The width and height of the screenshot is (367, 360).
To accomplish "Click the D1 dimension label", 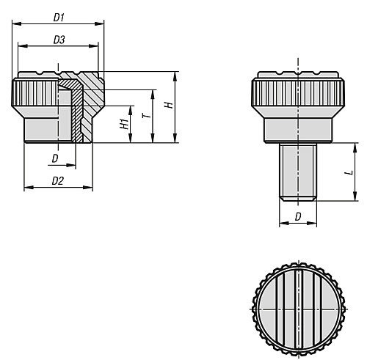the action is click(x=59, y=18).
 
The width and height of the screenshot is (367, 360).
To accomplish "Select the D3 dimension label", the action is click(x=59, y=40).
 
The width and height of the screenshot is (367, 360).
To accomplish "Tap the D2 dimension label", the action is click(x=58, y=181).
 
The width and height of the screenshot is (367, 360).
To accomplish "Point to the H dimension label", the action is click(x=169, y=105).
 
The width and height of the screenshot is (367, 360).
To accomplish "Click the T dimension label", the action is click(x=147, y=115).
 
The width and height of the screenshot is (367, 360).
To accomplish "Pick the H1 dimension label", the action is click(x=124, y=124).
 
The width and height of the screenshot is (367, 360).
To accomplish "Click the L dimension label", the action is click(x=349, y=172).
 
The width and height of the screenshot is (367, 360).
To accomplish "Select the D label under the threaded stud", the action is click(x=298, y=216).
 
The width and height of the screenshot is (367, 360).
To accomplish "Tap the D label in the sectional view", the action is click(x=55, y=159).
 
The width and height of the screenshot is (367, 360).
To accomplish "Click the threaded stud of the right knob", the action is click(x=298, y=172).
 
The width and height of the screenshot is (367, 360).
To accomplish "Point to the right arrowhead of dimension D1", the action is click(x=99, y=23).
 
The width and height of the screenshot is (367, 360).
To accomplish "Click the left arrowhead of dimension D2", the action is click(x=29, y=188).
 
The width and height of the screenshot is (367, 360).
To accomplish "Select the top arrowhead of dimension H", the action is click(x=175, y=76).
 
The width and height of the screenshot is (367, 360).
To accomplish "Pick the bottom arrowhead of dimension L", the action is click(x=355, y=196).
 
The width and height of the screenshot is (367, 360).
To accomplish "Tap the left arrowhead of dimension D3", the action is click(x=23, y=45).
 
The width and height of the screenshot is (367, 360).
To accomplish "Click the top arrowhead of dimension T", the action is click(x=153, y=95).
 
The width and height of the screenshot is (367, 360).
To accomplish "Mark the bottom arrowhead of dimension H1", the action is click(x=130, y=138).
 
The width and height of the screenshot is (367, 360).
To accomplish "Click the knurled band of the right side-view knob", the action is click(x=298, y=92).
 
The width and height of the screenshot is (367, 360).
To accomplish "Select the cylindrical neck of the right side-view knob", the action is click(x=298, y=130).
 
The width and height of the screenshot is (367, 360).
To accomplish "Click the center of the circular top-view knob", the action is click(x=299, y=309).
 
